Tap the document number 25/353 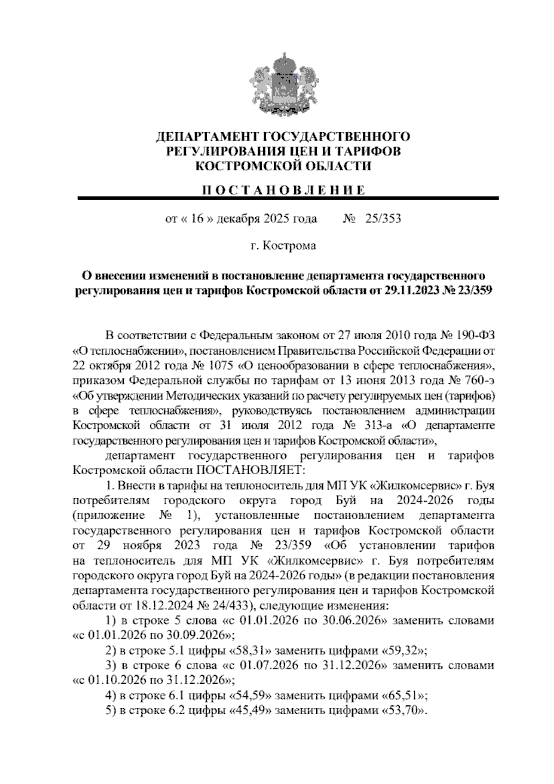[x=383, y=219]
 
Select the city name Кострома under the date [x=289, y=246]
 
